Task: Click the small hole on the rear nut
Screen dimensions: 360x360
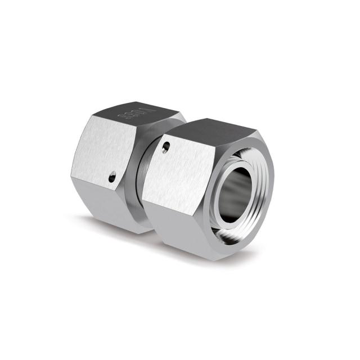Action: [112, 178]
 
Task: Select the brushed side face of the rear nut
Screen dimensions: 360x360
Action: [101, 152]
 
